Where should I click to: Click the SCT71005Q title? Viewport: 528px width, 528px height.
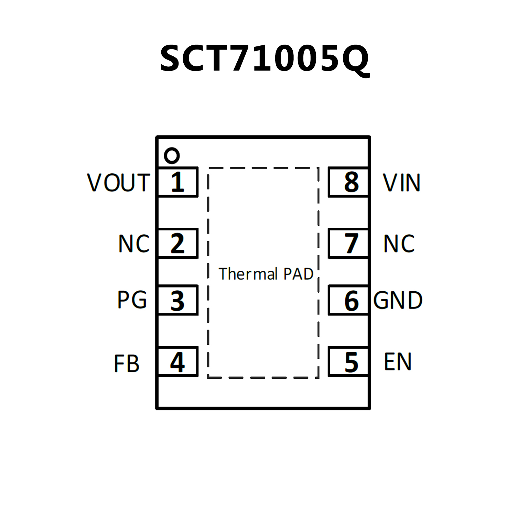(x=264, y=58)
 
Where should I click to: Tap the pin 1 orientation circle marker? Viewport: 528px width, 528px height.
(x=172, y=155)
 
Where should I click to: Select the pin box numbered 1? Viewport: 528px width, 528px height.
(x=177, y=182)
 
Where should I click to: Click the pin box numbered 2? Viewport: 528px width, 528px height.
(x=177, y=243)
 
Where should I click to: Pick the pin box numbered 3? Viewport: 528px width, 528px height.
(x=177, y=300)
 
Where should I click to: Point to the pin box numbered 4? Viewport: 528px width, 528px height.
(x=177, y=362)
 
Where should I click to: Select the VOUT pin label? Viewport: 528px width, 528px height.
(x=119, y=182)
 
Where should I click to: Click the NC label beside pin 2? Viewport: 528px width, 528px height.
(x=134, y=244)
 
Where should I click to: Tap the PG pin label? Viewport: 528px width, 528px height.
(x=132, y=300)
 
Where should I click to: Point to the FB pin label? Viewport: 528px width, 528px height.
(x=127, y=364)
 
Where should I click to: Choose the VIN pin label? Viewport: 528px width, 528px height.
(x=401, y=182)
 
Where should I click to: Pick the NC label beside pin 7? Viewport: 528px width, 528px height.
(x=399, y=244)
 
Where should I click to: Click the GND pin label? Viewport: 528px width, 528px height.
(x=398, y=300)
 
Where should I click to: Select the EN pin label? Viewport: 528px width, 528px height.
(x=398, y=362)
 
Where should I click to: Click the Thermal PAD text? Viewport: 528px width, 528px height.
(x=266, y=274)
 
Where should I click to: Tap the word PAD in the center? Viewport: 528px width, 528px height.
(x=298, y=274)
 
